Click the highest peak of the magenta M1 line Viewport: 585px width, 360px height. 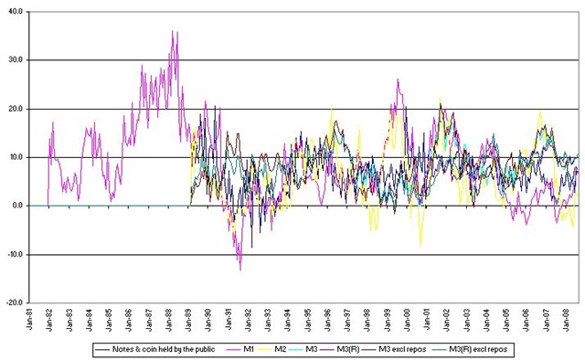pyautogui.click(x=173, y=32)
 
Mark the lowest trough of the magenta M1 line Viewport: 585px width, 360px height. pyautogui.click(x=240, y=270)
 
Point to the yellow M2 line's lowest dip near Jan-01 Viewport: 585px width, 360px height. pyautogui.click(x=420, y=246)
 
